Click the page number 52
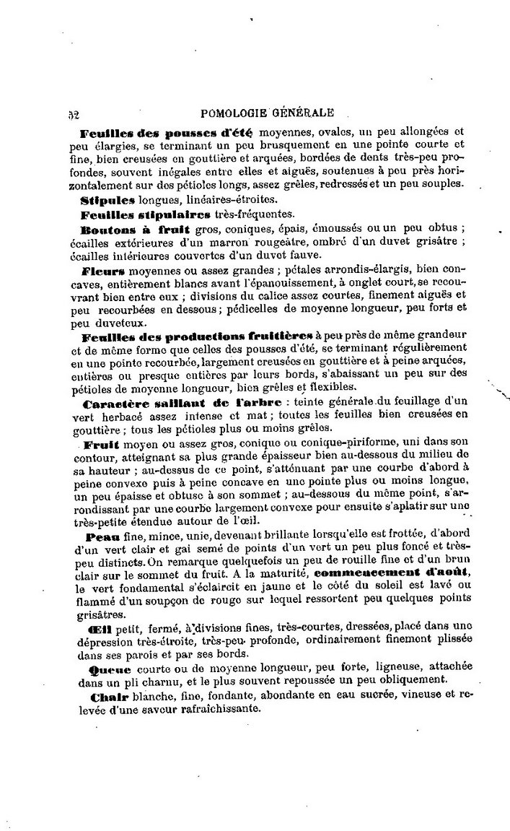point(72,113)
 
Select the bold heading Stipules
point(107,199)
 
